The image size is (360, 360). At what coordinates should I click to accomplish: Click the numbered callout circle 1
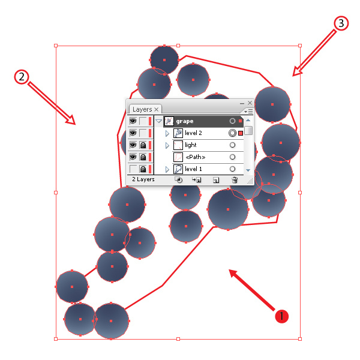(x=281, y=316)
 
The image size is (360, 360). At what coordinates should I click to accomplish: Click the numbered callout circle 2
(x=22, y=77)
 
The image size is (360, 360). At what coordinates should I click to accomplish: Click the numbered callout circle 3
(x=341, y=23)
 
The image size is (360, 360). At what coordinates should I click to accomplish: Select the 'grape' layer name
(x=185, y=121)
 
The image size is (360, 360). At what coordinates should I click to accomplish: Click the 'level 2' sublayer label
(x=193, y=133)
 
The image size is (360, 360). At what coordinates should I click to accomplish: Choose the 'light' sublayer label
(x=191, y=145)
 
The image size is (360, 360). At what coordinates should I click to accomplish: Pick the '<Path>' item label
(x=196, y=157)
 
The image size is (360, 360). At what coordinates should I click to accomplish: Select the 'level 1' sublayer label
(x=193, y=169)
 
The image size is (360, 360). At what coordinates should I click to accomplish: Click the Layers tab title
(x=142, y=109)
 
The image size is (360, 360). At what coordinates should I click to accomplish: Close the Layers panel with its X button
(x=250, y=103)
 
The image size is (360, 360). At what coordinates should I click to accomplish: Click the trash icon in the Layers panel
(x=235, y=180)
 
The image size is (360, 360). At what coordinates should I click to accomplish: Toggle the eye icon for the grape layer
(x=133, y=121)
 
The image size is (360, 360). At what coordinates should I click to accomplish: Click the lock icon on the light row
(x=143, y=145)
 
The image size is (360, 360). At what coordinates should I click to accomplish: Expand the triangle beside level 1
(x=167, y=169)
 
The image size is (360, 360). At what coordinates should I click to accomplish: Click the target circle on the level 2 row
(x=232, y=133)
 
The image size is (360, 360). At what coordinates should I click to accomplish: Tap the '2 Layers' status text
(x=143, y=179)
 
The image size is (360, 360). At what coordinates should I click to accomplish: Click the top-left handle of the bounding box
(x=56, y=46)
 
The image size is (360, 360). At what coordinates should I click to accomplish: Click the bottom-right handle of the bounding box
(x=300, y=339)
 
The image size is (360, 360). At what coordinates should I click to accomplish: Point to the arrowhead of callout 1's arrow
(x=230, y=270)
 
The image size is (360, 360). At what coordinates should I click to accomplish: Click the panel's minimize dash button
(x=242, y=104)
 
